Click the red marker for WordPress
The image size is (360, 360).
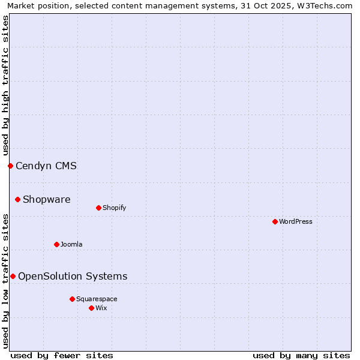(275, 221)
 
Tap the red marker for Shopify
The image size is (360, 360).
(98, 208)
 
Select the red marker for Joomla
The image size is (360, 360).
(56, 244)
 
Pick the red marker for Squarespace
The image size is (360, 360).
(72, 299)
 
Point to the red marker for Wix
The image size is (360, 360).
(91, 308)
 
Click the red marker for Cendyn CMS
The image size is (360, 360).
(10, 166)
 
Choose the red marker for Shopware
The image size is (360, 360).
(17, 199)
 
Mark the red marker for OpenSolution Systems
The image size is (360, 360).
(13, 276)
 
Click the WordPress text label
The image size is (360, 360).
(296, 221)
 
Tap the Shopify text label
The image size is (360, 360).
(114, 208)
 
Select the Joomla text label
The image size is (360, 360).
(71, 244)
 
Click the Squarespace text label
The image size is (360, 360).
(97, 299)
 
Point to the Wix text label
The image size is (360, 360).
(101, 308)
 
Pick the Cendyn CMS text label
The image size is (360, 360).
(46, 166)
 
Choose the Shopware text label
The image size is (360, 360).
(47, 199)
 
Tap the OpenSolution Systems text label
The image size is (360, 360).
(73, 276)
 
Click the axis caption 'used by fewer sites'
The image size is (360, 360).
(62, 355)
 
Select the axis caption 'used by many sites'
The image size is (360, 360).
(301, 355)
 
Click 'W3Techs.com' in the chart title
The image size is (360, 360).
(328, 5)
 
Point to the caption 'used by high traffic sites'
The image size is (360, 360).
(5, 85)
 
